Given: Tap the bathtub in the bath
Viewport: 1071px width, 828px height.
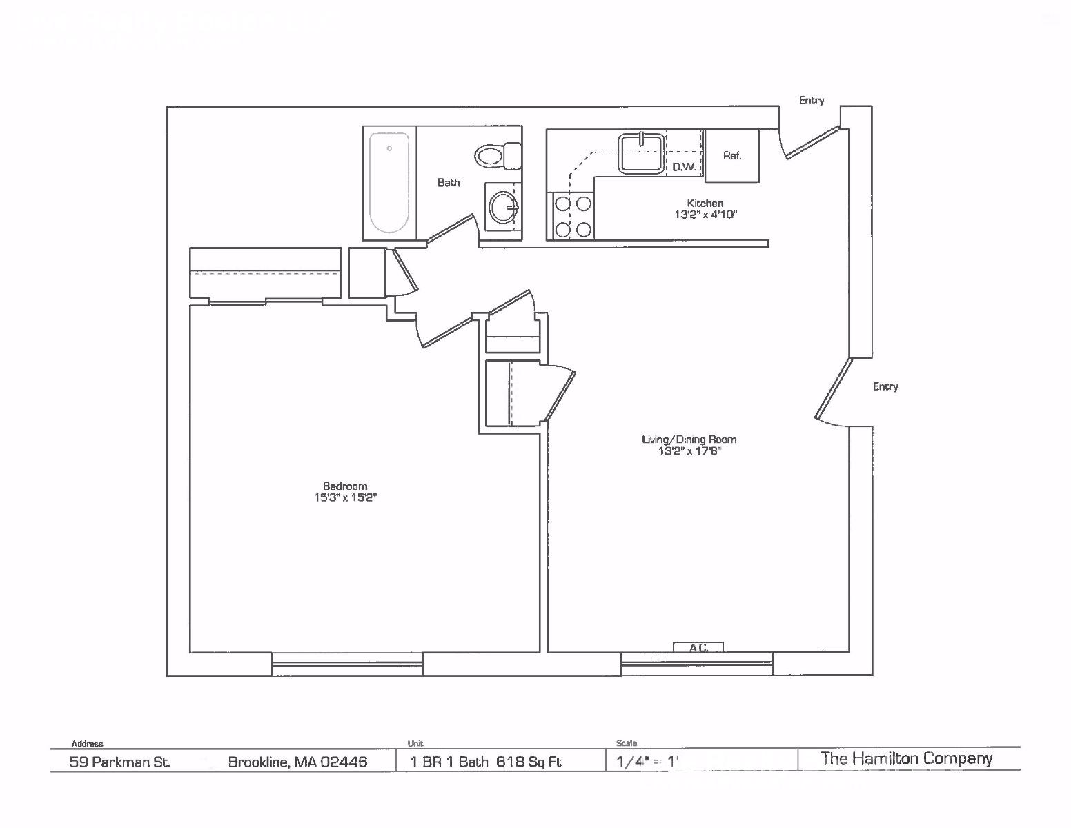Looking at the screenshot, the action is point(389,182).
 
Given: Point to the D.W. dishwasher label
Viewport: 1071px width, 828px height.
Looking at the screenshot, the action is point(685,167).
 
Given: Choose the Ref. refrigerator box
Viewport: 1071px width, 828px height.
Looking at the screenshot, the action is point(732,156).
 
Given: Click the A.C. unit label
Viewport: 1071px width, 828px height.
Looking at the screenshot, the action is point(698,648).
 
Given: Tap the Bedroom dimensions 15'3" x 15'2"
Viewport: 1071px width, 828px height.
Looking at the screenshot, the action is point(345,497).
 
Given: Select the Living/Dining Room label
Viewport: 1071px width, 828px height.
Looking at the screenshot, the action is point(689,440).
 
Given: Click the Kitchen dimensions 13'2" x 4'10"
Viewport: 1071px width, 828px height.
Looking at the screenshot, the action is point(705,215).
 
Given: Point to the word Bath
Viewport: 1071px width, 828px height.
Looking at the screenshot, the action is point(449,183).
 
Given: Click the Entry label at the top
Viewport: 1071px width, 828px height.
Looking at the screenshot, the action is point(812,101).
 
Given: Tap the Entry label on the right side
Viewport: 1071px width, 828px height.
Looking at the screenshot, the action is point(885,386).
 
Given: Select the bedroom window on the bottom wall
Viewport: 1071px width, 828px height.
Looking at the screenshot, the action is point(347,664).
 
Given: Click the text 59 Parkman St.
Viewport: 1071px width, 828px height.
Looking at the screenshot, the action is point(120,762).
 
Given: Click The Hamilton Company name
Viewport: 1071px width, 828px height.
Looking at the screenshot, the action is point(906,758).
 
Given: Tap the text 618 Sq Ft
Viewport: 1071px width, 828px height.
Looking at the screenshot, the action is point(529,762).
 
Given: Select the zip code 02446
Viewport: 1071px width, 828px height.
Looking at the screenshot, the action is point(344,762).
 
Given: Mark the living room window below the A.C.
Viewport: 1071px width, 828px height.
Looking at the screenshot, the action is point(697,664).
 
